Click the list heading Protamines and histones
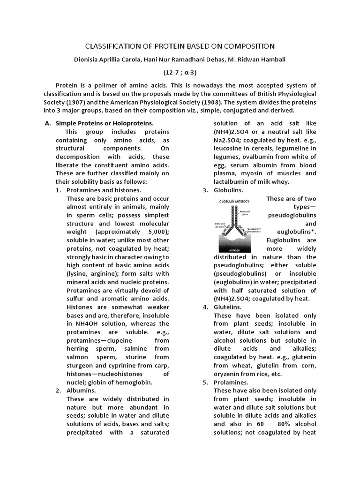point(104,190)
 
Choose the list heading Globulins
point(228,190)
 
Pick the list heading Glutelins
point(228,307)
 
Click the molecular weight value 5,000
point(156,232)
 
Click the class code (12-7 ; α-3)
point(180,73)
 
